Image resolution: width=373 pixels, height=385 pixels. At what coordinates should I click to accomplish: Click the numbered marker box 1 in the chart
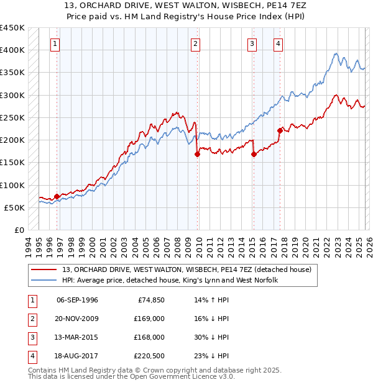pos(56,43)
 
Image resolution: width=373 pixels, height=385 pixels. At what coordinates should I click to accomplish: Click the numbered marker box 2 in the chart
pos(196,43)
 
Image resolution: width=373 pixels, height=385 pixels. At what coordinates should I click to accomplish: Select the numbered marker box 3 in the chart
pos(252,43)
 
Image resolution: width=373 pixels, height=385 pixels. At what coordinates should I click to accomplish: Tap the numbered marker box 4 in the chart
pos(278,43)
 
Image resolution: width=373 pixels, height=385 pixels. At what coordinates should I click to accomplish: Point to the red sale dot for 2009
pos(197,155)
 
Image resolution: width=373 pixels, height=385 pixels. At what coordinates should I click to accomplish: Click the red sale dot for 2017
pos(280,130)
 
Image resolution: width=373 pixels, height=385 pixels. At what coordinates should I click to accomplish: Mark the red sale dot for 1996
pos(57,196)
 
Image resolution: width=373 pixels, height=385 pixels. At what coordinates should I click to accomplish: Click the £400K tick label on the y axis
pos(12,50)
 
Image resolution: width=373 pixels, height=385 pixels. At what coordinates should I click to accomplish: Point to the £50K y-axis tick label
pos(14,207)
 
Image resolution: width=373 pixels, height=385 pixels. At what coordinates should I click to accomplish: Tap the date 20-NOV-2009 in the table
pos(78,319)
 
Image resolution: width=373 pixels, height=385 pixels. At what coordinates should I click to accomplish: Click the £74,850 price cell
pos(149,300)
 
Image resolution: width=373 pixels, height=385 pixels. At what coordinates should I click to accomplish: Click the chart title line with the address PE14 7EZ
pos(186,6)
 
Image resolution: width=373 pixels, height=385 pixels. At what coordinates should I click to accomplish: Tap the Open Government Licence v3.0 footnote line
pos(131,376)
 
